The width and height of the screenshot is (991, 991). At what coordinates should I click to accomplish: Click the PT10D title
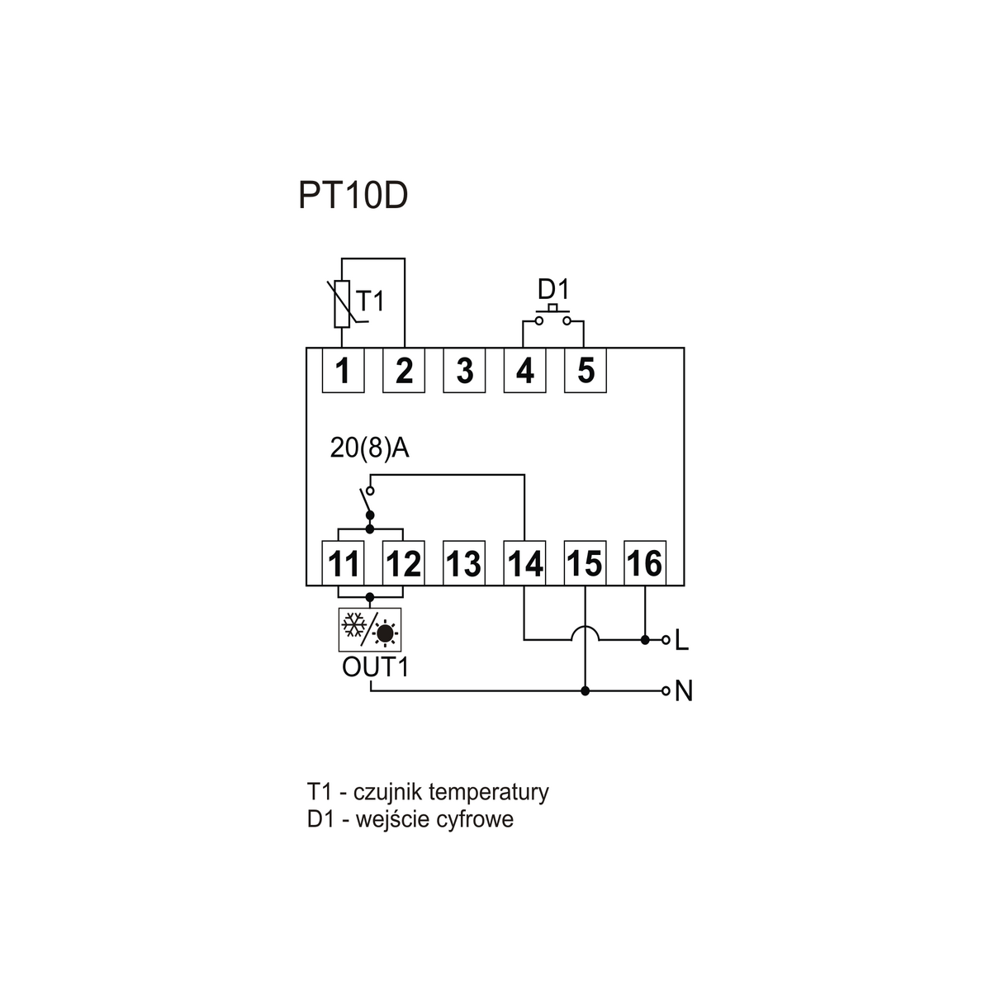click(x=353, y=197)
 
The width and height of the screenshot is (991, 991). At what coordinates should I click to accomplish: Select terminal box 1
click(x=343, y=371)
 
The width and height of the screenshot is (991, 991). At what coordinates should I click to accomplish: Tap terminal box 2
click(x=404, y=371)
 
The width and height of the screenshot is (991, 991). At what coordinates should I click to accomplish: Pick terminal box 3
click(x=464, y=371)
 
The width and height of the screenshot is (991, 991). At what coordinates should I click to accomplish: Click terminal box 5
click(x=586, y=371)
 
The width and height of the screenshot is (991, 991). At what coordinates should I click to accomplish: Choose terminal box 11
click(x=343, y=564)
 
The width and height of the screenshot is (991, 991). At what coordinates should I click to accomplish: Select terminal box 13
click(x=464, y=564)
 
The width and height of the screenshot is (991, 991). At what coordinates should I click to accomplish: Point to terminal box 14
click(x=525, y=564)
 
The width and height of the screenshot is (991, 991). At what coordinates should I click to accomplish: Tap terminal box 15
click(x=585, y=564)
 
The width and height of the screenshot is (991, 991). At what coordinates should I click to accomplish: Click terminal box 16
click(x=645, y=564)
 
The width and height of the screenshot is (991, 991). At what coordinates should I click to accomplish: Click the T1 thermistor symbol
click(x=341, y=304)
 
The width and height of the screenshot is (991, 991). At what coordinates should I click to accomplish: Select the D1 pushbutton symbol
click(x=553, y=317)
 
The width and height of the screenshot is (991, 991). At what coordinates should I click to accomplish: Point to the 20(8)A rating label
click(x=370, y=448)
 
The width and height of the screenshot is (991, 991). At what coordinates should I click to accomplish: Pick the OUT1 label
click(x=376, y=666)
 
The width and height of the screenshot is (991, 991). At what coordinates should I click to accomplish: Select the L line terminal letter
click(x=681, y=640)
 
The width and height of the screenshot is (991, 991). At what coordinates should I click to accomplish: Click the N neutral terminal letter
click(x=683, y=691)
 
